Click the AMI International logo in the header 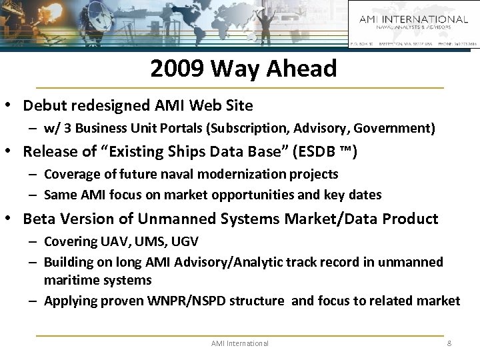(x=413, y=23)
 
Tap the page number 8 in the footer (x=449, y=343)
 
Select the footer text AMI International (x=239, y=343)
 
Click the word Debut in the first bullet (x=42, y=105)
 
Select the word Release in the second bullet (x=47, y=151)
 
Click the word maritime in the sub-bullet (x=67, y=281)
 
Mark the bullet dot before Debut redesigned (x=11, y=105)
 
